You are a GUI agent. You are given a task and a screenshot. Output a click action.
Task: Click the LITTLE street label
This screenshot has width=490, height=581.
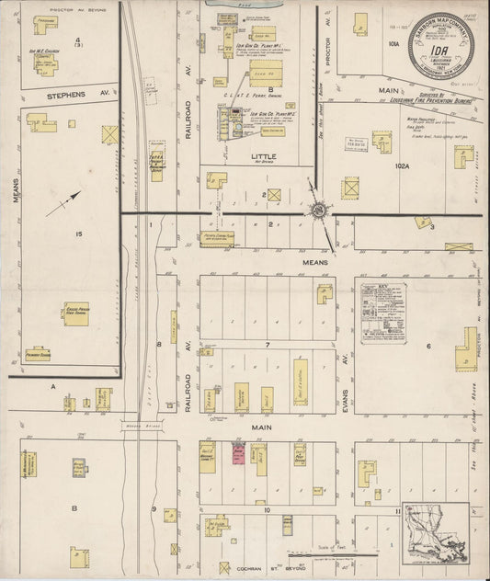(263, 157)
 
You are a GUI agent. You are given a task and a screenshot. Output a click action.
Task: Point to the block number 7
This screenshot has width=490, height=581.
(266, 345)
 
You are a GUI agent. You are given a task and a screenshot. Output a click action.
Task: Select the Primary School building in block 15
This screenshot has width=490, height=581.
(38, 353)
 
